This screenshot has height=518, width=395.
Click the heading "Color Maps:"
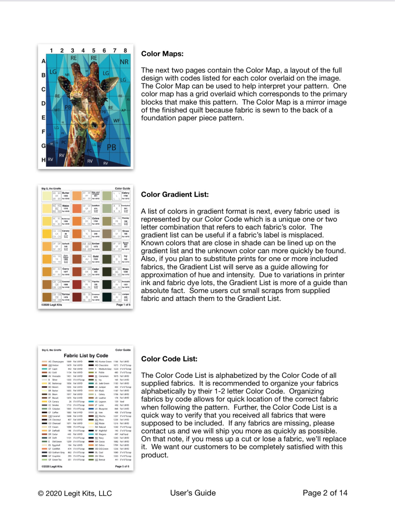tap(162, 54)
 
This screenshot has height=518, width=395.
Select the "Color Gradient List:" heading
tap(175, 195)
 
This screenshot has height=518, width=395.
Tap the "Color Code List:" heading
tap(169, 359)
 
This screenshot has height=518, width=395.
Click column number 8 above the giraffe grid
tap(125, 50)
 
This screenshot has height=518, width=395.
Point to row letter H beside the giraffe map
tap(44, 160)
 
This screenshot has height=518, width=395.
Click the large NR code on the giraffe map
tap(124, 62)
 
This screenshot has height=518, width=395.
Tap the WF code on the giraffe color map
tap(117, 120)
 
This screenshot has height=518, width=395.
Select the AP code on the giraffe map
tap(124, 110)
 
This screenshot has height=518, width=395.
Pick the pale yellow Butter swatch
tap(46, 196)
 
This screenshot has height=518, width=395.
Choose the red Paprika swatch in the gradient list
tap(77, 284)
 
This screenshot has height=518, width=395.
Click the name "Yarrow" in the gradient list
tap(66, 294)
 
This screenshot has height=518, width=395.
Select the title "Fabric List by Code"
tap(86, 356)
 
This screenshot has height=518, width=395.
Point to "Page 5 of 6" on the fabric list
tap(122, 467)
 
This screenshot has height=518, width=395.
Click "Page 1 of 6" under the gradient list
tap(123, 305)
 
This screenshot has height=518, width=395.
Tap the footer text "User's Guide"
tap(193, 493)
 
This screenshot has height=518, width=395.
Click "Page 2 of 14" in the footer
tap(325, 493)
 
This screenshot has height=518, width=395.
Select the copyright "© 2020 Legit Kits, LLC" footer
tap(75, 493)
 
